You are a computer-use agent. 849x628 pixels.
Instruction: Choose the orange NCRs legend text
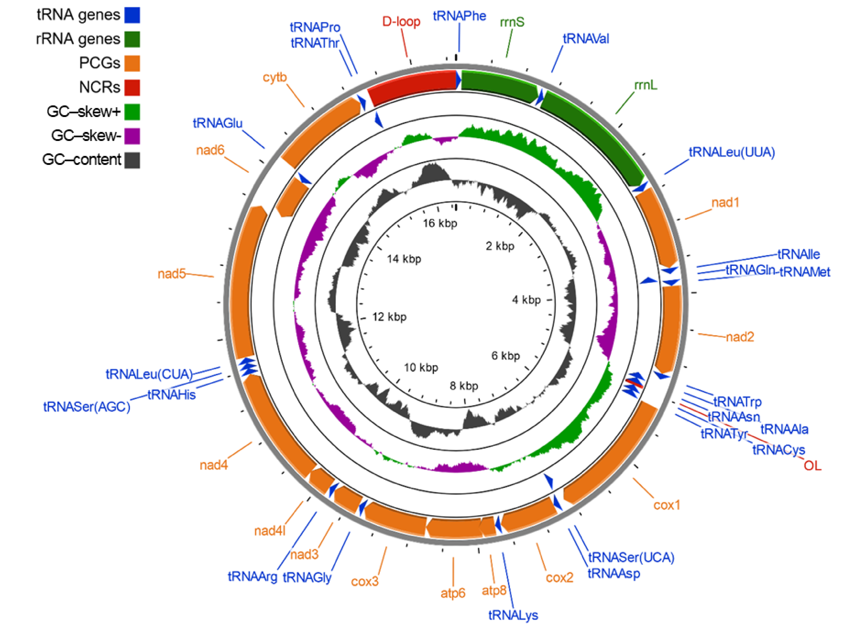[99, 87]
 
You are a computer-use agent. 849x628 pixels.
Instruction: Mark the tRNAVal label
[586, 39]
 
